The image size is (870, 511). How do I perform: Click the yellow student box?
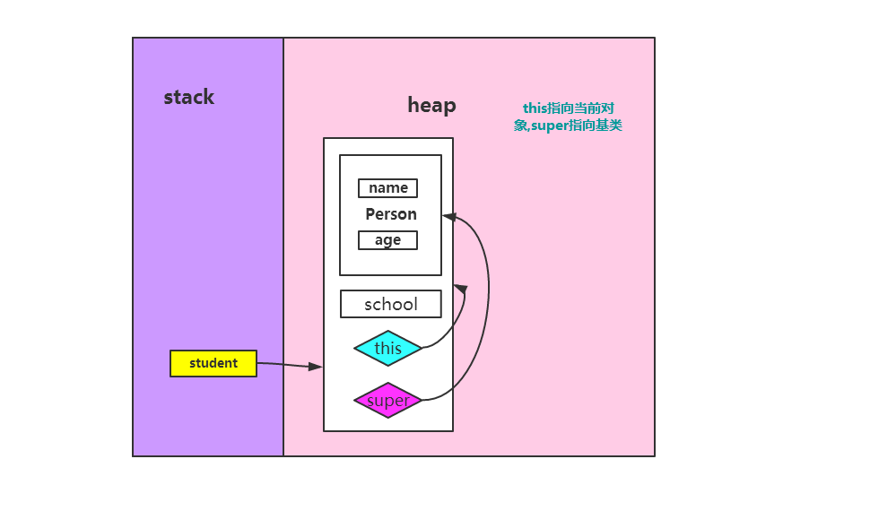213,363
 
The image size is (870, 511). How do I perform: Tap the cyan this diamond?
387,348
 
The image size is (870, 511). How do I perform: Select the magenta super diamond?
387,401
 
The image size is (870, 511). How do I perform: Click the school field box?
391,304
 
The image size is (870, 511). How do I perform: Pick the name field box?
387,188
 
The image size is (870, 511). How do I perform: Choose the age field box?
387,240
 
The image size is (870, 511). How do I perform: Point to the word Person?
391,214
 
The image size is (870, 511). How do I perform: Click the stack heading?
188,98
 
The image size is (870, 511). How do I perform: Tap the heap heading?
431,105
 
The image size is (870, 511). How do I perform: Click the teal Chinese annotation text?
568,117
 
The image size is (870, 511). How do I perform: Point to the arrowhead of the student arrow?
316,367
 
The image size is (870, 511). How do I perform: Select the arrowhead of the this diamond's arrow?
461,289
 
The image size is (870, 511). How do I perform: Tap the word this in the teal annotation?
535,108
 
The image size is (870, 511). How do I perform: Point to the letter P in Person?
370,214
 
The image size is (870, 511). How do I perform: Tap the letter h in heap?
413,105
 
